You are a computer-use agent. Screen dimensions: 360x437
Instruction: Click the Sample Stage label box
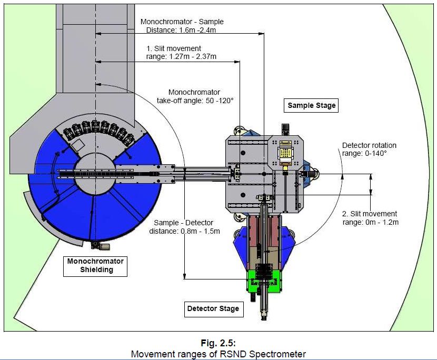[311, 105]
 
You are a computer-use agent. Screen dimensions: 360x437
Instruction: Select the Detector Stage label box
[213, 308]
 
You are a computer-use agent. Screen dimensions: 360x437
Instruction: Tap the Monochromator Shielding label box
[95, 266]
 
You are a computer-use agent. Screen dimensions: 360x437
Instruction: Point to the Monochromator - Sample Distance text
[182, 26]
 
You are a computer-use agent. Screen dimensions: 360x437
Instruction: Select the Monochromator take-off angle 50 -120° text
[195, 96]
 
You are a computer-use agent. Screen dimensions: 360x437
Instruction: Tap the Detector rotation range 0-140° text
[369, 149]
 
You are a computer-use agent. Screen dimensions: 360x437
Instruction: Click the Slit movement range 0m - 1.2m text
[370, 218]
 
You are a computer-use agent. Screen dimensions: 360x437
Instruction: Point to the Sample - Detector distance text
[187, 226]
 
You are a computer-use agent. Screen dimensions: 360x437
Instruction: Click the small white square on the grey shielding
[79, 144]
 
